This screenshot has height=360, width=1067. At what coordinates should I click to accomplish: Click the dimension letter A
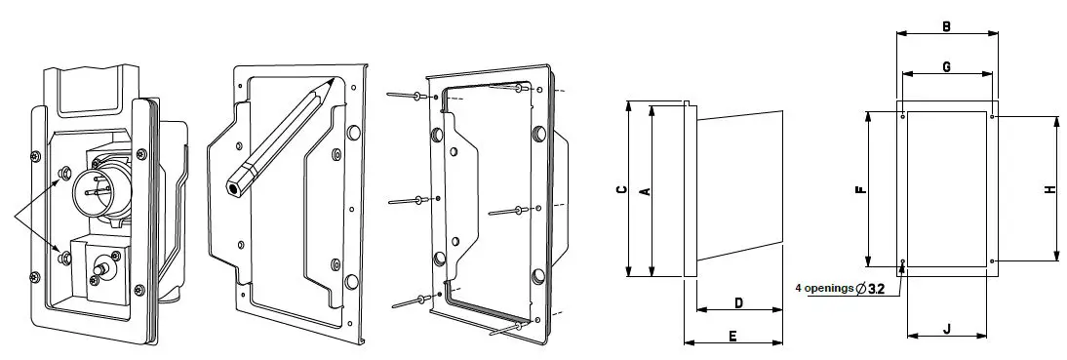(643, 191)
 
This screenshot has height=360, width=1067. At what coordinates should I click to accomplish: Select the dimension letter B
(946, 26)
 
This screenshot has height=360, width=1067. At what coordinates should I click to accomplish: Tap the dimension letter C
(621, 191)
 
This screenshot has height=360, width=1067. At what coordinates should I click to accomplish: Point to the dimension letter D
(738, 303)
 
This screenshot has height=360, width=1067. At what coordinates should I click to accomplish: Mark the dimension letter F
(859, 190)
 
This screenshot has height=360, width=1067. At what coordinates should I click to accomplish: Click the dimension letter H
(1049, 190)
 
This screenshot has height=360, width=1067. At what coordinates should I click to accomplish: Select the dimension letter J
(946, 329)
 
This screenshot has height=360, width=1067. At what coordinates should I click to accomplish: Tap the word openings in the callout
(828, 288)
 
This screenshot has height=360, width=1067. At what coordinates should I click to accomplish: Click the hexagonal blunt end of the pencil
(235, 182)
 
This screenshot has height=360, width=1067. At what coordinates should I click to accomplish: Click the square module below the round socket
(100, 268)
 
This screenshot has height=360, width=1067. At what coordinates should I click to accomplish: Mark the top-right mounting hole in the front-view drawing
(992, 117)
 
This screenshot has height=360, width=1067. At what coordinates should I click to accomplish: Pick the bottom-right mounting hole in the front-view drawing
(992, 262)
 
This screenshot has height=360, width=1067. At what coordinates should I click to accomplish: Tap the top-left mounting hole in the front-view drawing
(904, 117)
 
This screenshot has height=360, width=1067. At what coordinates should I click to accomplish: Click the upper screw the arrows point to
(63, 175)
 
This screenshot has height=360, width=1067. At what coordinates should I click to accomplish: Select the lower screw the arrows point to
(64, 256)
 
